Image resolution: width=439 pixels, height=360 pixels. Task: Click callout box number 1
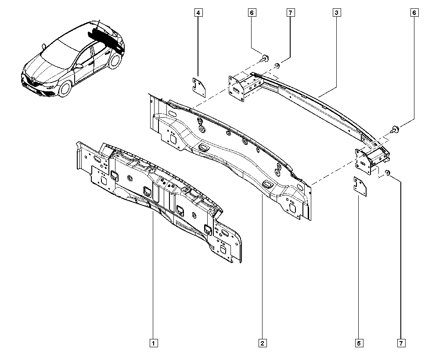point(154,342)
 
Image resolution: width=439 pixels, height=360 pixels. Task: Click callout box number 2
point(262,342)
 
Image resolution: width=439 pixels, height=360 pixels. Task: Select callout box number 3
point(336,13)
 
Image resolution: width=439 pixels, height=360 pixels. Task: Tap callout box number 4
point(198,13)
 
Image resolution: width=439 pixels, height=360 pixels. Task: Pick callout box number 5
point(359,342)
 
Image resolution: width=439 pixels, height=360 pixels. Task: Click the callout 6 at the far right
point(414,13)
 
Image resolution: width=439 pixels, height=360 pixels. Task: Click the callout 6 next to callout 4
point(252,13)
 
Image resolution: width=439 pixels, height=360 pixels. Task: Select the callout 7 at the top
point(290,13)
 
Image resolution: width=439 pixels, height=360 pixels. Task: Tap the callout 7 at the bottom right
point(401,342)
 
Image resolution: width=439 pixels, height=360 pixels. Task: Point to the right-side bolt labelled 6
point(394,129)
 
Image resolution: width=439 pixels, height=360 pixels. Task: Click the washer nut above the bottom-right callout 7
point(388,173)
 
